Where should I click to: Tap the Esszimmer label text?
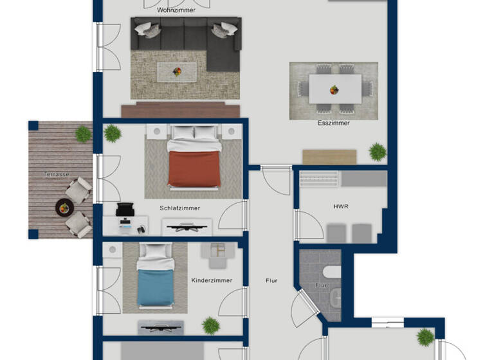[x=333, y=123]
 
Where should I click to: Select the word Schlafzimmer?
[x=180, y=208]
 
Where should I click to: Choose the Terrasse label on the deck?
[x=57, y=174]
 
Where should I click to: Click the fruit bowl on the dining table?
[x=334, y=89]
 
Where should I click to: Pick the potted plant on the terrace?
[x=83, y=134]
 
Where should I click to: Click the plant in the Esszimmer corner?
[x=378, y=152]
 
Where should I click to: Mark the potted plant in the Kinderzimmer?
[x=211, y=326]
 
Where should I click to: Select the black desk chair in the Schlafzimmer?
[x=125, y=210]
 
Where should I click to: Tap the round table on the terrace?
[x=64, y=207]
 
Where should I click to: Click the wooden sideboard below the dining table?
[x=329, y=156]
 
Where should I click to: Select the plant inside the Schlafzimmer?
[x=113, y=134]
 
